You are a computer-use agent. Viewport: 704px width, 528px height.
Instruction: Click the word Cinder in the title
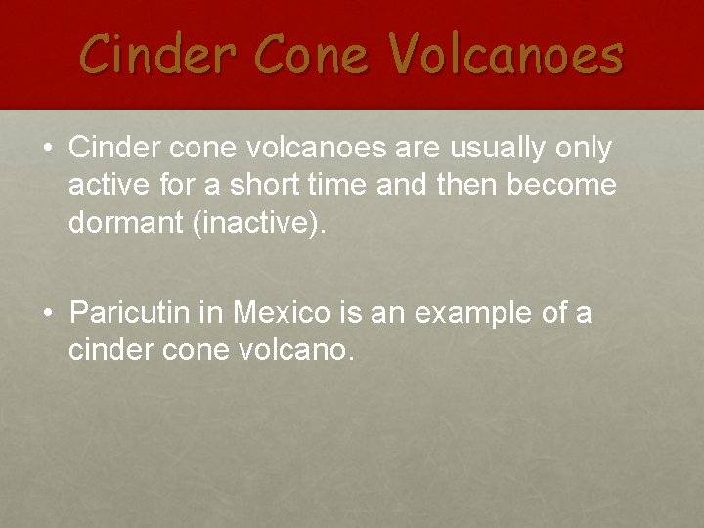(x=151, y=54)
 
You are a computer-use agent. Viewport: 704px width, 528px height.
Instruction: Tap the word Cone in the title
(x=302, y=54)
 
